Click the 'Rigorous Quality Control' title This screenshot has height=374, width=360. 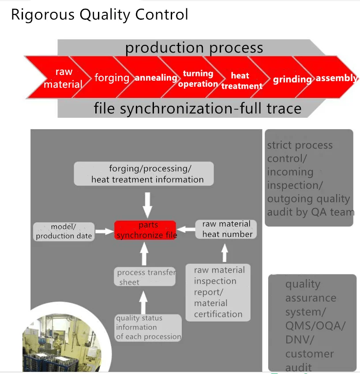[99, 15]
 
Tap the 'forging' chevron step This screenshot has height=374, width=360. [111, 78]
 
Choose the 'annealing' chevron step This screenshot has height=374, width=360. [156, 78]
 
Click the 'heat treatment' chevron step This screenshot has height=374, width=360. [241, 81]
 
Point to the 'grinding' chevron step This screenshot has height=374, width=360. [292, 79]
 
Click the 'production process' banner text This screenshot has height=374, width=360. [194, 48]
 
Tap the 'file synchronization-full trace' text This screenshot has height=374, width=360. [197, 108]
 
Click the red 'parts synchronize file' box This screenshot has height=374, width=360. [146, 230]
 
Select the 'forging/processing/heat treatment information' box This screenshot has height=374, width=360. [144, 173]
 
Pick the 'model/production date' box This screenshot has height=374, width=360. [64, 231]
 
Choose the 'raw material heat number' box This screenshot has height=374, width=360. [226, 229]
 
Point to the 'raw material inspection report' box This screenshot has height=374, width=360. [218, 292]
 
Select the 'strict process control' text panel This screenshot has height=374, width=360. [308, 178]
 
